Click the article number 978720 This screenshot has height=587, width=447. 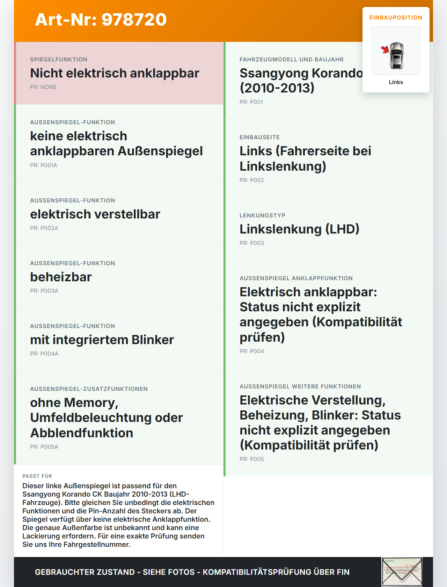tap(134, 20)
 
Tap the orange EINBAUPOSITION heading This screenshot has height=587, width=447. tap(396, 17)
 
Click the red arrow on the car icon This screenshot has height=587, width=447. tap(385, 50)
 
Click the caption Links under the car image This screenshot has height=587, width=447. tap(396, 82)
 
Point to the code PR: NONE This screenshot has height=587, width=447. tap(43, 87)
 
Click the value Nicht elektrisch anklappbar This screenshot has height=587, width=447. tap(115, 73)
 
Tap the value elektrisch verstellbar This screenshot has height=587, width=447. tap(95, 214)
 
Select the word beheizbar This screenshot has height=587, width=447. tap(61, 277)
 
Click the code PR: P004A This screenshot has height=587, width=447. tap(44, 354)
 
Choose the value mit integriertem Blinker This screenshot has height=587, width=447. tap(102, 340)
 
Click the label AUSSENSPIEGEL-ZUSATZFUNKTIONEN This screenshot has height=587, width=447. tap(89, 389)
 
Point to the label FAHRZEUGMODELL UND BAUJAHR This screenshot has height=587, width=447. tap(291, 59)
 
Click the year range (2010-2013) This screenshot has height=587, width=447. tap(277, 88)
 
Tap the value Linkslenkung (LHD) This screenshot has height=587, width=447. tap(299, 229)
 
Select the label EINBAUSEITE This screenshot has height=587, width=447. tap(259, 137)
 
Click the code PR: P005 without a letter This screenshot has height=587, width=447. tap(251, 459)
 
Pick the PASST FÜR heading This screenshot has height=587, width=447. tap(37, 476)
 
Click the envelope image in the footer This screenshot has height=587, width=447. tap(402, 572)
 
